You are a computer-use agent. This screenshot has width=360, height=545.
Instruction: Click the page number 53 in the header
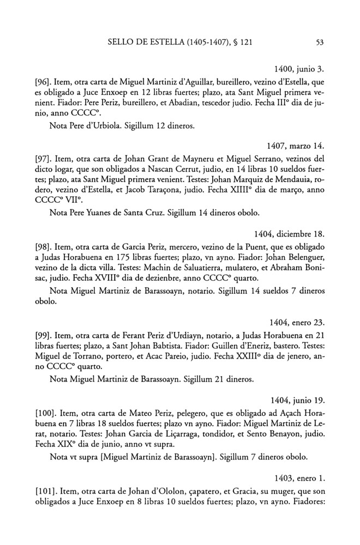pyautogui.click(x=320, y=40)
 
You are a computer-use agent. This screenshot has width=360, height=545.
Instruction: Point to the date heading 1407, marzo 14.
pyautogui.click(x=296, y=147)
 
